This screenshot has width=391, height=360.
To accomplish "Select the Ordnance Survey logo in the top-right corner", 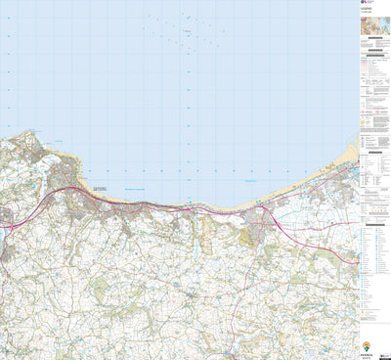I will (x=363, y=4).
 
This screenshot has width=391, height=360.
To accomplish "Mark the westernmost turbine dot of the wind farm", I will (x=144, y=27).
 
